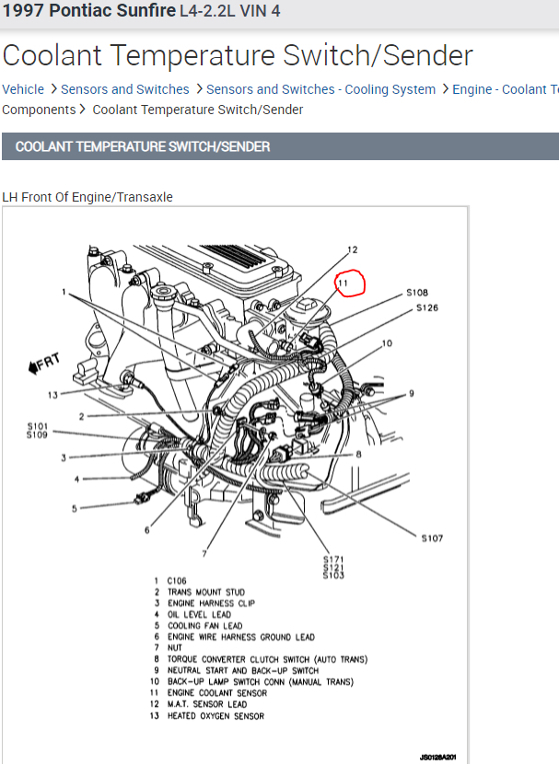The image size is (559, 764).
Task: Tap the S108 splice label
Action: pyautogui.click(x=417, y=293)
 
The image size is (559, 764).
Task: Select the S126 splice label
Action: pyautogui.click(x=427, y=307)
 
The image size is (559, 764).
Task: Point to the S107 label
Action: pyautogui.click(x=432, y=538)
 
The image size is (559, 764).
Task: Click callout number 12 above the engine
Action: pyautogui.click(x=352, y=249)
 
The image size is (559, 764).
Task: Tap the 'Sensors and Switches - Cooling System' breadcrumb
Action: pyautogui.click(x=320, y=89)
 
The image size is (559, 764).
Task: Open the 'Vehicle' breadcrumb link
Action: pyautogui.click(x=23, y=89)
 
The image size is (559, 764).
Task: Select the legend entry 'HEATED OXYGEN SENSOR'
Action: pyautogui.click(x=215, y=715)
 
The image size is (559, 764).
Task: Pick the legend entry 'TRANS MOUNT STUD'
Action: pyautogui.click(x=205, y=592)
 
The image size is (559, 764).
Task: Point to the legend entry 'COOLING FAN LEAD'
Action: pyautogui.click(x=204, y=626)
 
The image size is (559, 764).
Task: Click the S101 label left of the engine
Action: pyautogui.click(x=37, y=425)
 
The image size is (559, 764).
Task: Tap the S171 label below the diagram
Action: pyautogui.click(x=332, y=559)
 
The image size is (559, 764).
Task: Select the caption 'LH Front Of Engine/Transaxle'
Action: pyautogui.click(x=87, y=197)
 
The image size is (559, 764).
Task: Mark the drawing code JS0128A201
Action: pyautogui.click(x=438, y=756)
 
